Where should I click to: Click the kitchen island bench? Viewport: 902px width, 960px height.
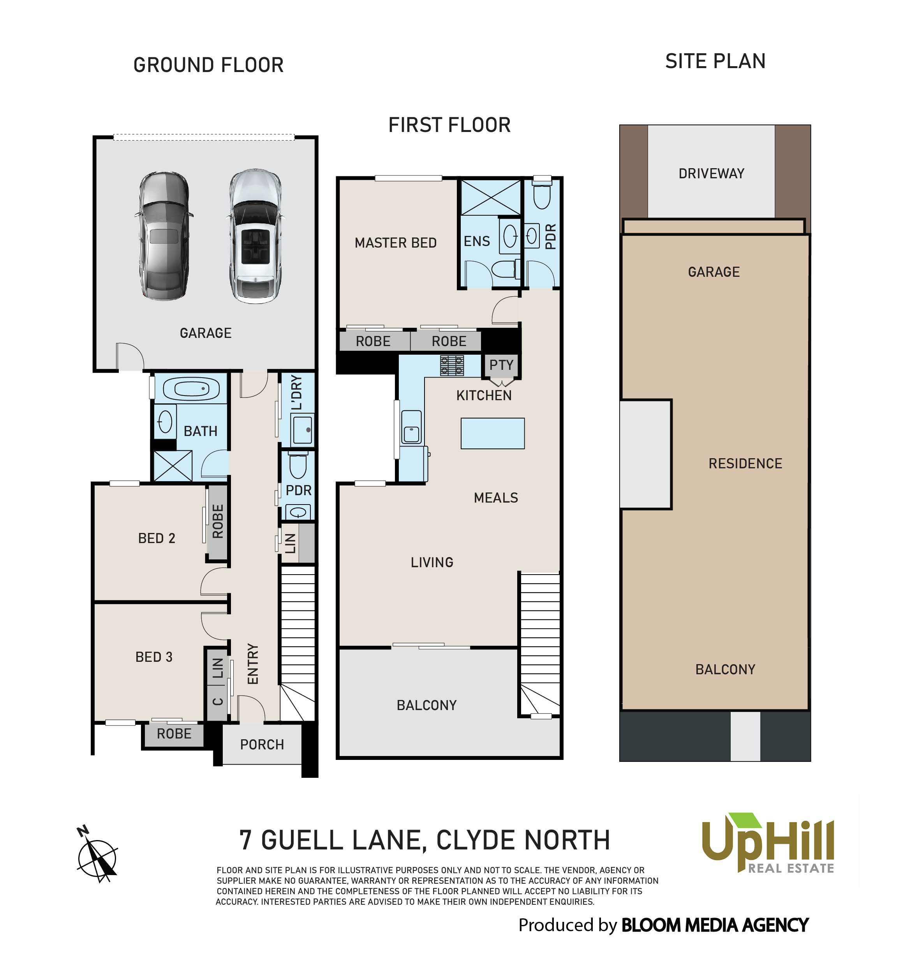point(492,433)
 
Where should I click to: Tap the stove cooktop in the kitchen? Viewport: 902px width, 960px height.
point(452,366)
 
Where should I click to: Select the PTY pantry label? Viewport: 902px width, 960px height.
point(501,365)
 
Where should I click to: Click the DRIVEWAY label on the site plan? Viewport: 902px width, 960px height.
point(711,173)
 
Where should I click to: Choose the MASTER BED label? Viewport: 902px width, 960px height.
point(395,243)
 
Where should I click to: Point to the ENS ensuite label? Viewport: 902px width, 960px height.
point(476,241)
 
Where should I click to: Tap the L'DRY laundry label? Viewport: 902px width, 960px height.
point(297,392)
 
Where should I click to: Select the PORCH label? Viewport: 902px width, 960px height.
point(262,744)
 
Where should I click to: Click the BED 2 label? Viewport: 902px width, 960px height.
point(157,538)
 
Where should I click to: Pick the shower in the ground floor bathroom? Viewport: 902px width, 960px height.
point(173,466)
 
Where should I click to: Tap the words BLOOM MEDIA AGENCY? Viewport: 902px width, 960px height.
point(715,925)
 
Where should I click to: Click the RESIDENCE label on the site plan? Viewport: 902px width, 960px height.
point(745,464)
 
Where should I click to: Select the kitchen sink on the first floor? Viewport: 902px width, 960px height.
point(411,427)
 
